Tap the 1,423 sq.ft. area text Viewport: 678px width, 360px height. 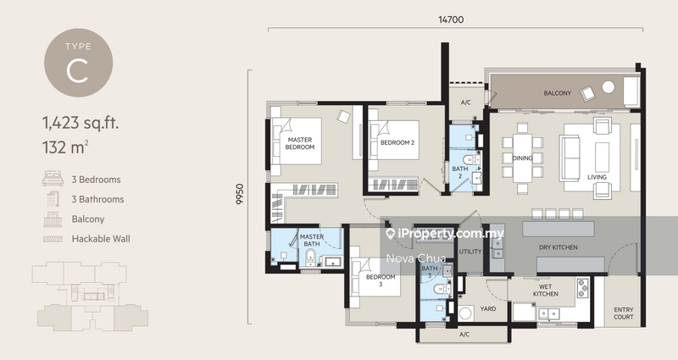(x=81, y=124)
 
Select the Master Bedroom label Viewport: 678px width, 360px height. (x=301, y=143)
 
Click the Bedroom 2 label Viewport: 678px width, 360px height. (x=397, y=143)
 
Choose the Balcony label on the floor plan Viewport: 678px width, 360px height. (x=559, y=93)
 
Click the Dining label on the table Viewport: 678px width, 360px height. (x=523, y=158)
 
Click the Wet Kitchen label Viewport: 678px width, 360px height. (x=545, y=289)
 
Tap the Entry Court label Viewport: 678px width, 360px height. (x=623, y=314)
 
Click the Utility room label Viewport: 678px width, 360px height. (x=470, y=252)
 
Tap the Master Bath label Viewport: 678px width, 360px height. (x=312, y=241)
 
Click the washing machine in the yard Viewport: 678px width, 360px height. (x=465, y=313)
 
